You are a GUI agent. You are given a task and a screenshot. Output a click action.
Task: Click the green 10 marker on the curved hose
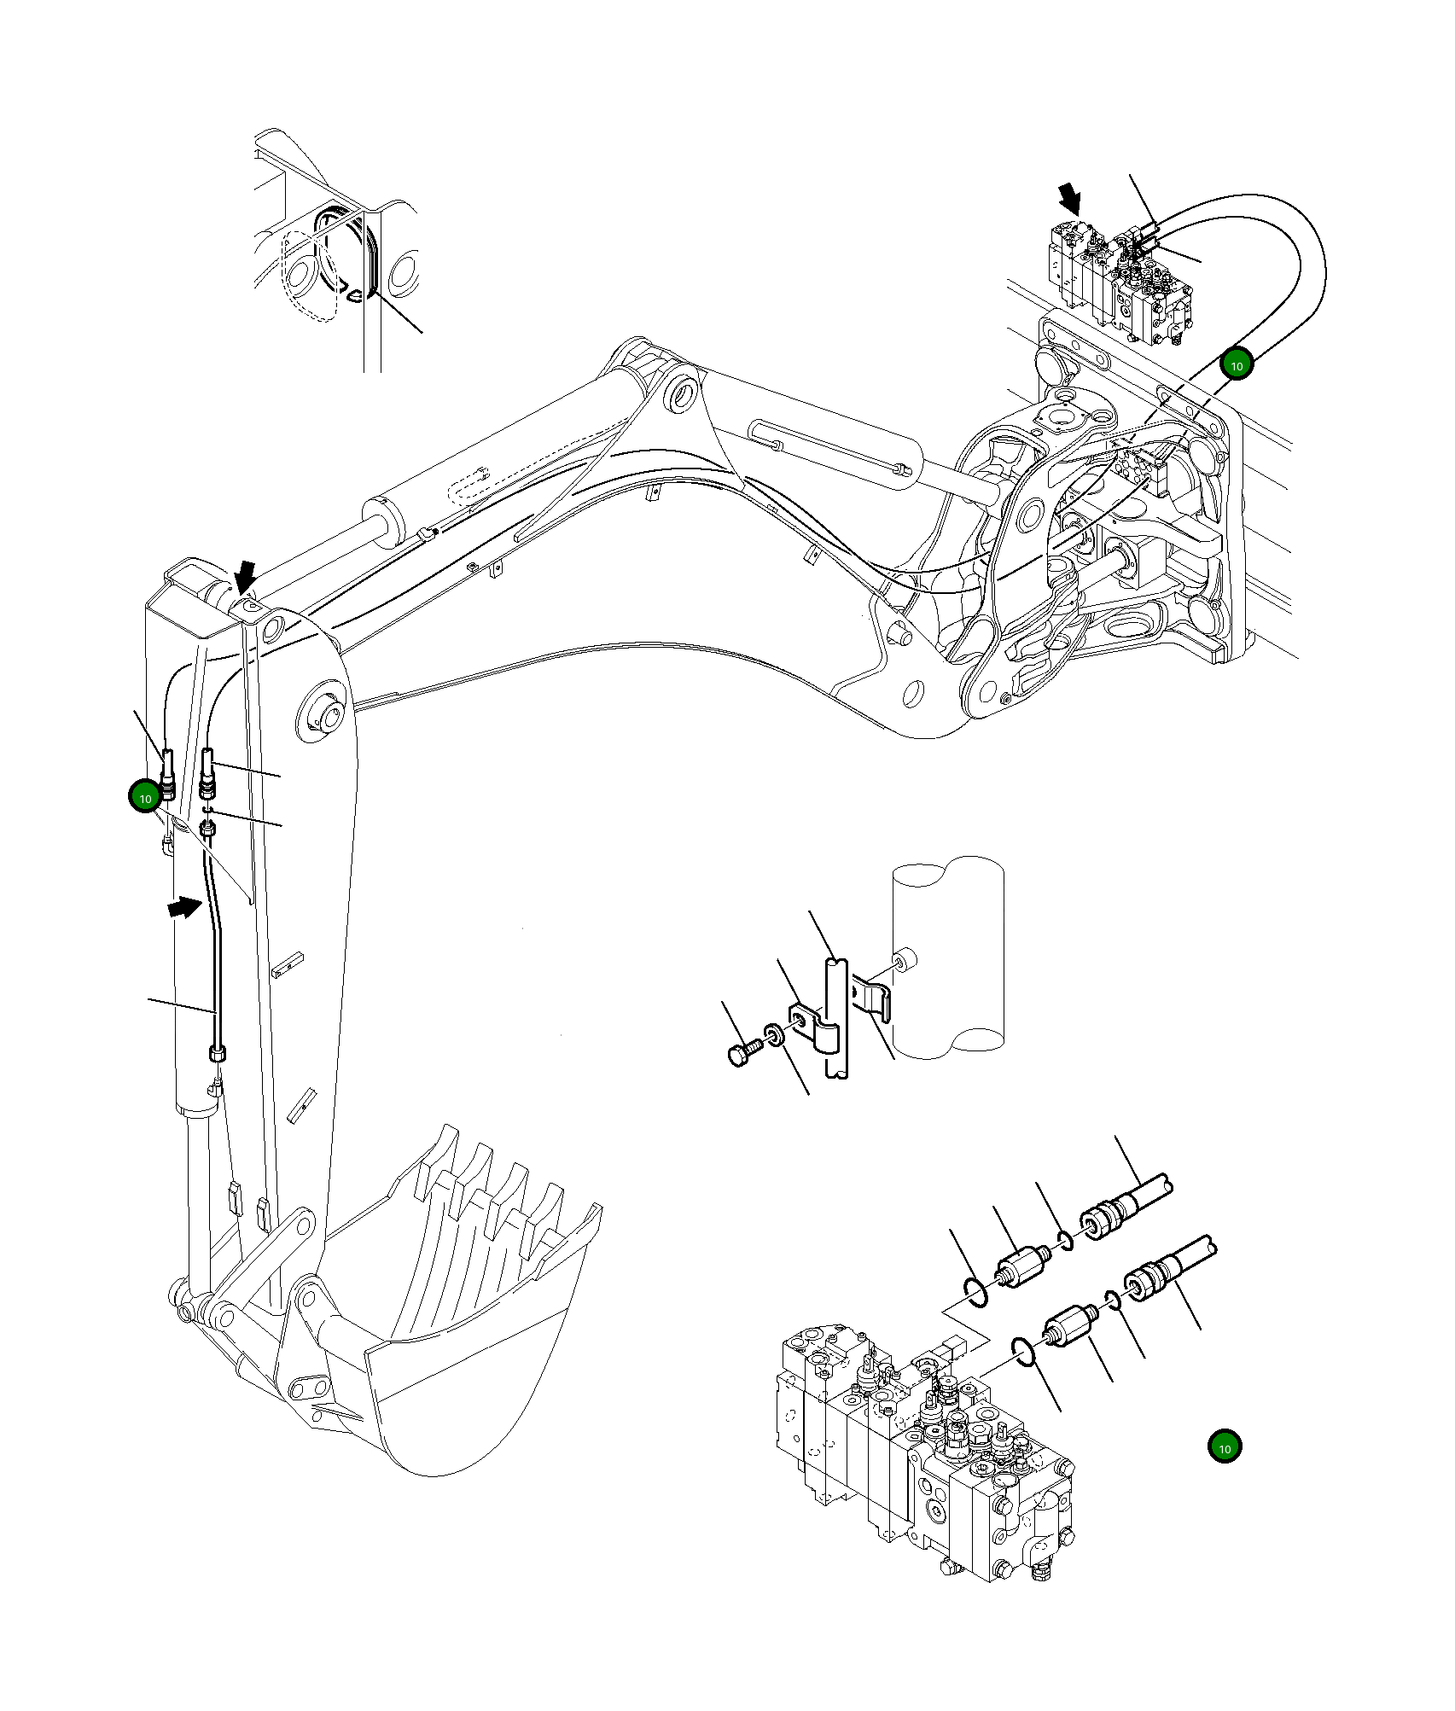[1236, 365]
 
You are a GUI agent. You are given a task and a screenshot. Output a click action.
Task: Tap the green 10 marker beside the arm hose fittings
[145, 798]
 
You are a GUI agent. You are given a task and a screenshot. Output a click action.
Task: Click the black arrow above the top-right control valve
[1068, 199]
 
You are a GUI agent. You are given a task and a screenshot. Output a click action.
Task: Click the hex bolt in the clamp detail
[742, 1052]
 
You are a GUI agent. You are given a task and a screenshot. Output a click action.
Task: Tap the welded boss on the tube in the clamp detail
[905, 959]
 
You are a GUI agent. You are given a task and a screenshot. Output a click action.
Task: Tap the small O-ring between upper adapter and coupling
[1063, 1239]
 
